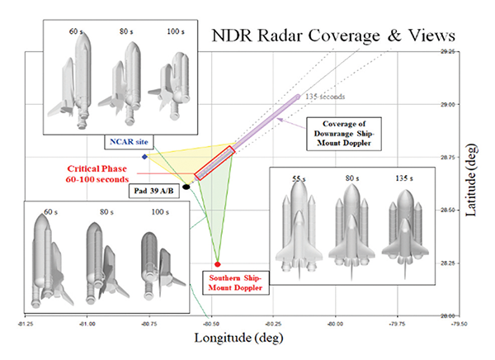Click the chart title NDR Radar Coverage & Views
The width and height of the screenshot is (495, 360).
pos(333,36)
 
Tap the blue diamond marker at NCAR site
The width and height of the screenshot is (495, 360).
pos(145,156)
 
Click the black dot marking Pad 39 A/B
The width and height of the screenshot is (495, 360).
pos(186,187)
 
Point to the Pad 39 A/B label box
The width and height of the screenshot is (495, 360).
pos(153,189)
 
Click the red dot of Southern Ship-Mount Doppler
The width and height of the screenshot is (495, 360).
pos(217,263)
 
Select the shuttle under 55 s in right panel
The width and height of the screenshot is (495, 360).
pos(298,225)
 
